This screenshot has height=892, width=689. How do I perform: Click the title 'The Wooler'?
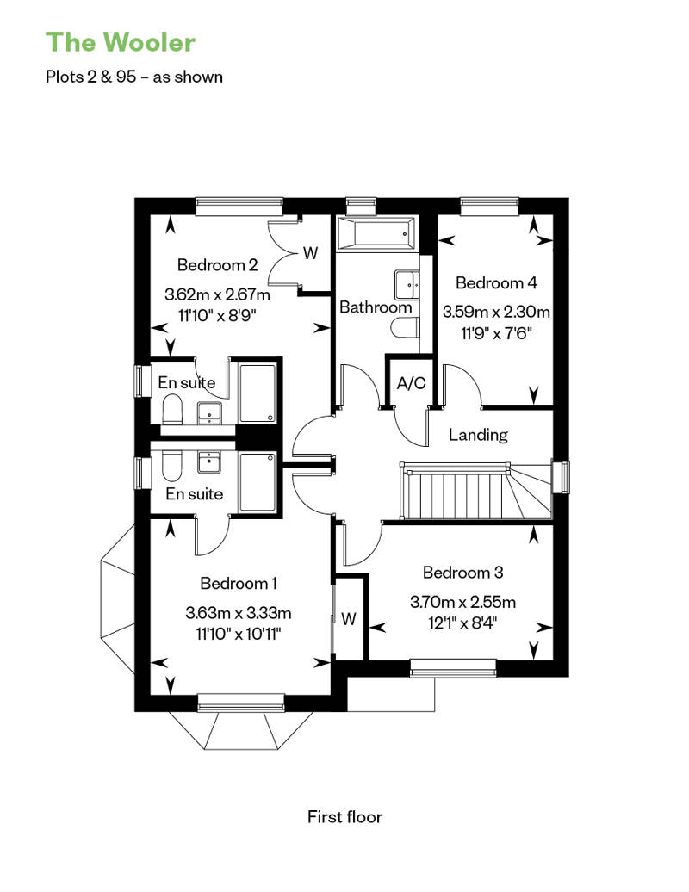120,42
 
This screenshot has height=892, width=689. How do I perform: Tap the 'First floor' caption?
344,817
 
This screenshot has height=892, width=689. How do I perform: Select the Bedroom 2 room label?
217,264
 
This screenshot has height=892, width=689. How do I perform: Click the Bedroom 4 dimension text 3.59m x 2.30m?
496,312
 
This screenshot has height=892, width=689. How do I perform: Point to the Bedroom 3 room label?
462,572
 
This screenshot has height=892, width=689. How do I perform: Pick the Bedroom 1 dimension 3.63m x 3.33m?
239,613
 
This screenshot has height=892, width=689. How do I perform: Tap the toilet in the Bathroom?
405,328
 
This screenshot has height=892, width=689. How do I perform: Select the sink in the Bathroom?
407,284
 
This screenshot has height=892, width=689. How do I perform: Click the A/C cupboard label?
411,383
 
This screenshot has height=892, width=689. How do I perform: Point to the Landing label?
478,435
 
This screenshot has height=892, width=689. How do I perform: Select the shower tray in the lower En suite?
258,482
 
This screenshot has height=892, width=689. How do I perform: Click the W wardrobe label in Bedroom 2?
310,252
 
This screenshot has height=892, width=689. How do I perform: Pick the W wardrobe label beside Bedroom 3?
349,618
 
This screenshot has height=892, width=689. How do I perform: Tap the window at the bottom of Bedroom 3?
453,668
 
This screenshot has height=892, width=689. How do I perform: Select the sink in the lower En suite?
209,462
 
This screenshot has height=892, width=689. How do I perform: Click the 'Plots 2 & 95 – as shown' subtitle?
134,77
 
